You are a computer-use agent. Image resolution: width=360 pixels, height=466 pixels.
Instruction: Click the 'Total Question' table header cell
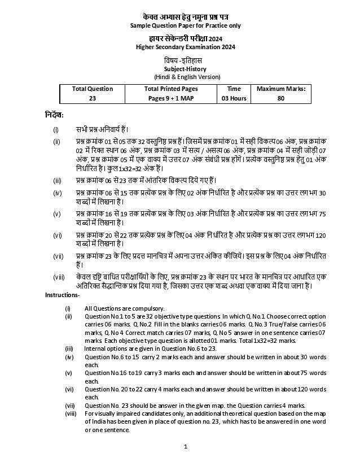click(x=93, y=89)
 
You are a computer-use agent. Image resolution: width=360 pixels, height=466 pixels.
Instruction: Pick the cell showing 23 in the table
click(x=93, y=98)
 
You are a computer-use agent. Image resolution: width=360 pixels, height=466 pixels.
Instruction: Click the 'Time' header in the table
click(x=234, y=89)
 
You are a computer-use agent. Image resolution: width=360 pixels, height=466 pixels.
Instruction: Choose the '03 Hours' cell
click(x=234, y=98)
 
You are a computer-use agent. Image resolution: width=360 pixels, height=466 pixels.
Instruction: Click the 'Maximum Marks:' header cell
click(x=281, y=89)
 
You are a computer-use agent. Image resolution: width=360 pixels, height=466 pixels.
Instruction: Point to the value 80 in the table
click(x=281, y=98)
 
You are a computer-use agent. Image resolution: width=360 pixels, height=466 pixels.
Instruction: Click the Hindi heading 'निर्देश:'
click(x=55, y=115)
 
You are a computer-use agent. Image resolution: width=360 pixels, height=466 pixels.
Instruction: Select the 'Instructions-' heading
click(x=62, y=295)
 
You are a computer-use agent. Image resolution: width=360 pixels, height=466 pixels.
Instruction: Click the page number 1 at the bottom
click(x=185, y=447)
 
